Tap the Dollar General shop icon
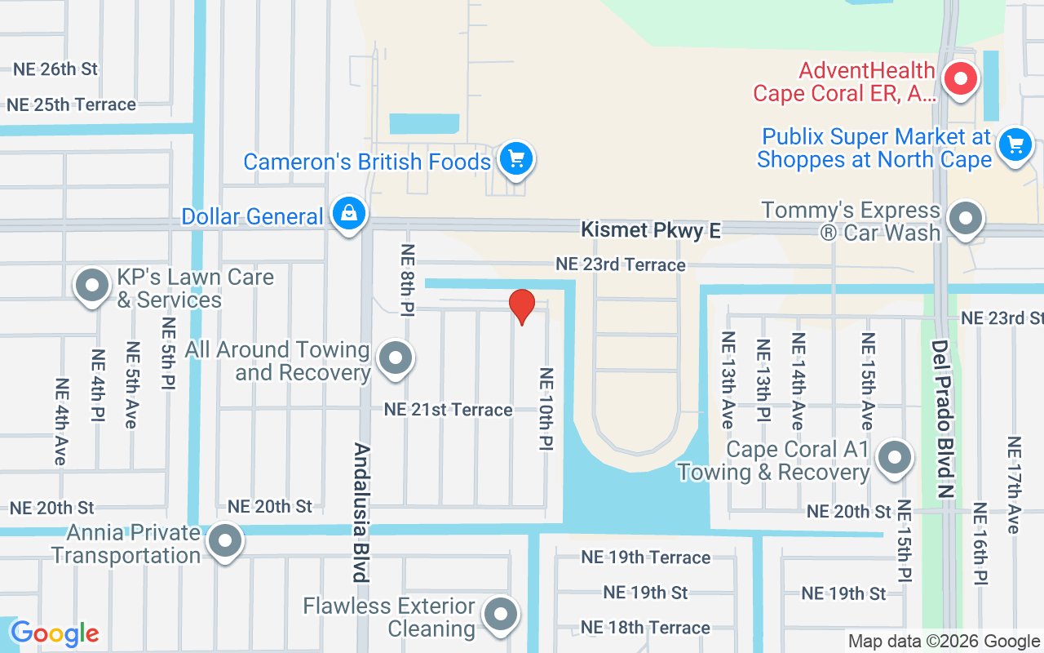pyautogui.click(x=349, y=215)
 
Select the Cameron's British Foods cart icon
pyautogui.click(x=515, y=159)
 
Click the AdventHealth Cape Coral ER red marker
pyautogui.click(x=961, y=80)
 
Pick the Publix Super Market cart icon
pyautogui.click(x=1015, y=146)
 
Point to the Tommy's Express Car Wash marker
pyautogui.click(x=967, y=219)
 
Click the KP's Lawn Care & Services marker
pyautogui.click(x=92, y=287)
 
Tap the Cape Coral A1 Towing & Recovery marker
pyautogui.click(x=895, y=458)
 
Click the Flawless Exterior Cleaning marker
pyautogui.click(x=501, y=615)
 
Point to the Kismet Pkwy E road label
pyautogui.click(x=650, y=231)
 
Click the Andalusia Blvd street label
pyautogui.click(x=361, y=512)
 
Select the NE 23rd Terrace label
pyautogui.click(x=620, y=264)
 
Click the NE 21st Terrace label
pyautogui.click(x=449, y=410)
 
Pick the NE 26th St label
pyautogui.click(x=55, y=69)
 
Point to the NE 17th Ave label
pyautogui.click(x=1014, y=485)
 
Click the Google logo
pyautogui.click(x=55, y=633)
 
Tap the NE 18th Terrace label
pyautogui.click(x=645, y=628)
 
